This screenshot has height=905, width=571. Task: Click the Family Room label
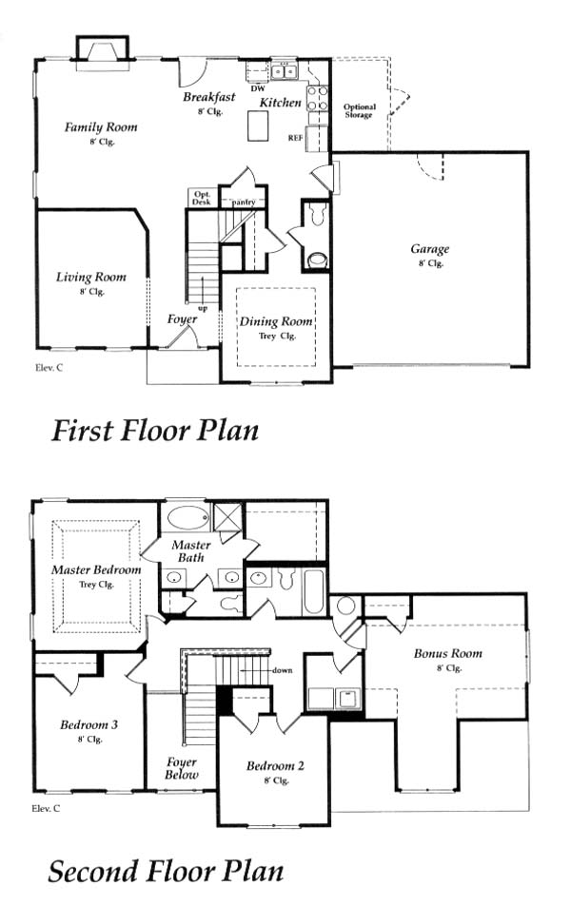(101, 127)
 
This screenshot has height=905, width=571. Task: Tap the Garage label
(429, 249)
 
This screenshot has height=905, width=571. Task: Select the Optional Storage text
(359, 111)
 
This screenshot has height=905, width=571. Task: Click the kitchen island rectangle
(258, 125)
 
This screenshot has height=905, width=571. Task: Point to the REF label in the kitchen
(295, 138)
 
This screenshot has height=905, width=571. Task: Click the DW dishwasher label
(258, 89)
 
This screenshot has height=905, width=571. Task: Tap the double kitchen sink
(284, 71)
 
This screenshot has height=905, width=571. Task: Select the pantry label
(244, 202)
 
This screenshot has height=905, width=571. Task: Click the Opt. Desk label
(202, 198)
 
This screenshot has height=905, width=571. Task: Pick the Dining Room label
(276, 321)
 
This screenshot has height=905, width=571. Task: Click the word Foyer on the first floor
(182, 319)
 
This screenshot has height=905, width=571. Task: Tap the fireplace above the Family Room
(103, 53)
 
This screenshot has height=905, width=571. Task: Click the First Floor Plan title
(155, 431)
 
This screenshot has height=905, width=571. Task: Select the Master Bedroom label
(96, 569)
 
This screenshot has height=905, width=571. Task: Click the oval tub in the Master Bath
(187, 518)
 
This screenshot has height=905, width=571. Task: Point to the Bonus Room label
(447, 653)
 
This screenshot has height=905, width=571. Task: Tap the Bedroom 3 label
(89, 724)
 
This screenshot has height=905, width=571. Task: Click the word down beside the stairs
(282, 670)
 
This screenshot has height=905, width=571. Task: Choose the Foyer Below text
(182, 769)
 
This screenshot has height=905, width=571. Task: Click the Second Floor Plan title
(166, 871)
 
